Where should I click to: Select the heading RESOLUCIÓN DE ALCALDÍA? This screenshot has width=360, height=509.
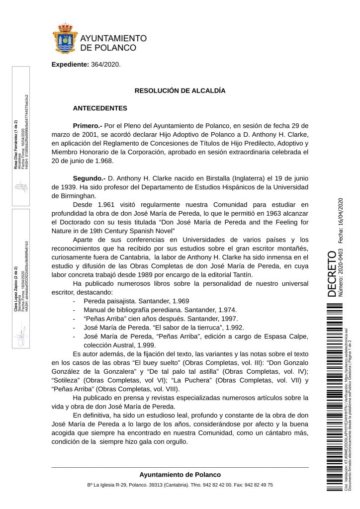180,91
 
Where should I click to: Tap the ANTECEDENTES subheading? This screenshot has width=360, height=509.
100,108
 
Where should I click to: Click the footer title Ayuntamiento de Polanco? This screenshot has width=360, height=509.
180,475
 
